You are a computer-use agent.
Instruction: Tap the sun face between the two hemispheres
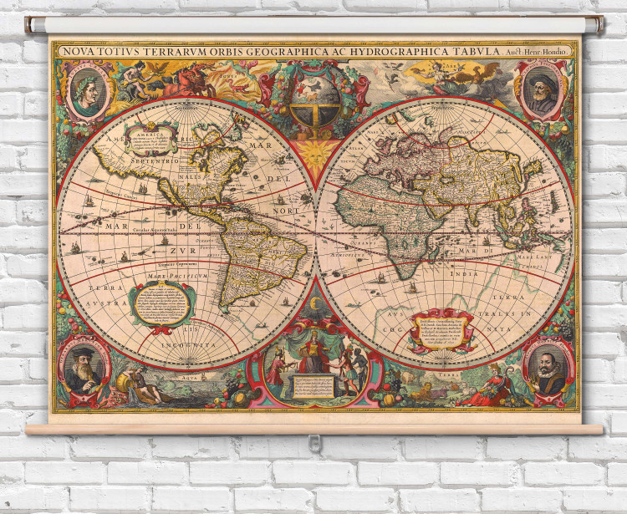click(x=315, y=153)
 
